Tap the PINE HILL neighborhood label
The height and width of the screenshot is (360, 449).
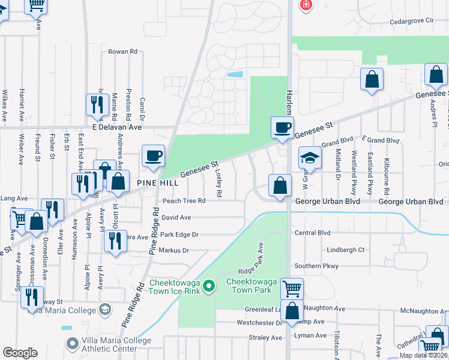tap(158, 182)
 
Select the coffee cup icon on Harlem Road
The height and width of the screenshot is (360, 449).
tap(282, 128)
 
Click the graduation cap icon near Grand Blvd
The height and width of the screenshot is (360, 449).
tap(310, 158)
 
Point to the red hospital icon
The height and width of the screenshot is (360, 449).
tap(307, 5)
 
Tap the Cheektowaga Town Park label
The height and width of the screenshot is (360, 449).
tap(249, 286)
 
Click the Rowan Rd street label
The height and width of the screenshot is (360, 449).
tap(122, 52)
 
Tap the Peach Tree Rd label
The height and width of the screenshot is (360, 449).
tap(184, 201)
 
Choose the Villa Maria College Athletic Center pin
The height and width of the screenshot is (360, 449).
tap(73, 344)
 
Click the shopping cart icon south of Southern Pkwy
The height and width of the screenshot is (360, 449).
tap(292, 289)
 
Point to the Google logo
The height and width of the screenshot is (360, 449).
tap(20, 353)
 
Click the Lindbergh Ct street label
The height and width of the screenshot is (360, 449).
tap(346, 249)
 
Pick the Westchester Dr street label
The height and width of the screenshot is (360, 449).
tap(259, 322)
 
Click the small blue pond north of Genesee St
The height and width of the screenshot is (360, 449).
tap(236, 75)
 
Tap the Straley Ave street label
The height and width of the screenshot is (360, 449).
tap(265, 338)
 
